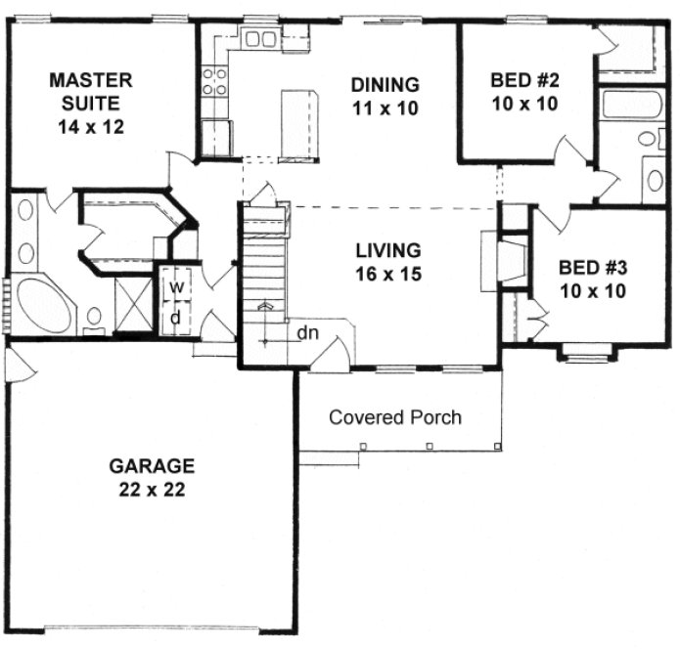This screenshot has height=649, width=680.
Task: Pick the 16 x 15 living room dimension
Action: (387, 275)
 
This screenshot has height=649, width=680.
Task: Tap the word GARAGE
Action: (152, 465)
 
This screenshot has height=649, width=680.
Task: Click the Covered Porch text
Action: (395, 417)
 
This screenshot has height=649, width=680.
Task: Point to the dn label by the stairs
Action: (308, 333)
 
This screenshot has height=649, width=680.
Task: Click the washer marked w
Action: (177, 287)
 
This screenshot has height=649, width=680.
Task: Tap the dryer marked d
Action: (177, 318)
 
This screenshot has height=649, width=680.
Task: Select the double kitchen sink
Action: (260, 40)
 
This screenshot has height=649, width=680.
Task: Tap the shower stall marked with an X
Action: (131, 303)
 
